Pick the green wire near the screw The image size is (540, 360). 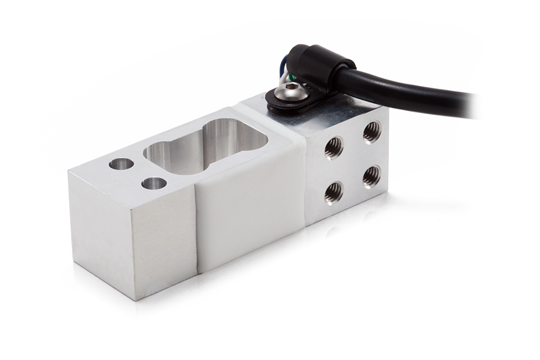tap(290, 77)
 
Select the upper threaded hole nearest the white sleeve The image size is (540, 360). tap(334, 146)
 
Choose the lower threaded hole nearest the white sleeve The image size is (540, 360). tap(333, 192)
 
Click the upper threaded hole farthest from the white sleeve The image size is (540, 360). tap(371, 131)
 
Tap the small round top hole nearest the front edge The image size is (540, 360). tap(154, 183)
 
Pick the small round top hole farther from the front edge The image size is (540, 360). tap(121, 163)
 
